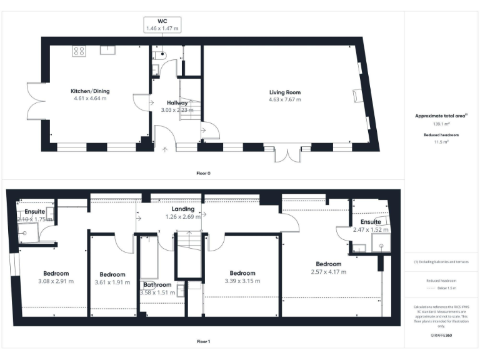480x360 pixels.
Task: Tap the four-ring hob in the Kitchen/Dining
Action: click(x=79, y=51)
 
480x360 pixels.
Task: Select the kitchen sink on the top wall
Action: click(x=107, y=47)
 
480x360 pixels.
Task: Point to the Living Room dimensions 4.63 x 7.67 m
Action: click(x=285, y=99)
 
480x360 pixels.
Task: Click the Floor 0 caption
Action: click(x=203, y=172)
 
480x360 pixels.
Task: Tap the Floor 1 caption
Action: click(x=203, y=342)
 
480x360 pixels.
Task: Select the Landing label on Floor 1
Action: click(x=184, y=209)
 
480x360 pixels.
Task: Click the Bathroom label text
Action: click(x=157, y=284)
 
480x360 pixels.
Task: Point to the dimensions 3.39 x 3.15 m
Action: click(x=242, y=281)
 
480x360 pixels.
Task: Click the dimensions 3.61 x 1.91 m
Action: click(x=112, y=282)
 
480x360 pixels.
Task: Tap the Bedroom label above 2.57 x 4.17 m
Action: click(x=328, y=264)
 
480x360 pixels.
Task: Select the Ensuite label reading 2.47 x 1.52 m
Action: click(x=371, y=222)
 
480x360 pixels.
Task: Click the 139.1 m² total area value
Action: click(x=441, y=124)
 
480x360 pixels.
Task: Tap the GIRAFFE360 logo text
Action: click(x=441, y=336)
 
